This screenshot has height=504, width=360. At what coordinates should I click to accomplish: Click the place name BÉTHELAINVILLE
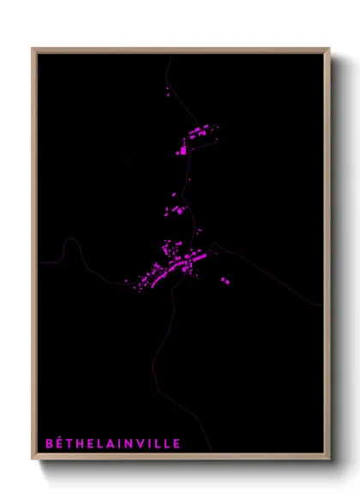pyautogui.click(x=112, y=443)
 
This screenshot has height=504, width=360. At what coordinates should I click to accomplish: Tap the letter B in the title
pyautogui.click(x=49, y=443)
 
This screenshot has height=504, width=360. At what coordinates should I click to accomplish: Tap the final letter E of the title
pyautogui.click(x=177, y=443)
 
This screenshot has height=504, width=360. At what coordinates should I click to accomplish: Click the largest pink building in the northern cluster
pyautogui.click(x=182, y=151)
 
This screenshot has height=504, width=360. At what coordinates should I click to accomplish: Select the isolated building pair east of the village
pyautogui.click(x=225, y=279)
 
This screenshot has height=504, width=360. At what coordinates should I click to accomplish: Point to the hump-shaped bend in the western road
pyautogui.click(x=70, y=243)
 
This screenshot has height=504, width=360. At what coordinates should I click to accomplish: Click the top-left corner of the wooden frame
pyautogui.click(x=33, y=50)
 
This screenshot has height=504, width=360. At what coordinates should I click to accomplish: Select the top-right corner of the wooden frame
pyautogui.click(x=328, y=50)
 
